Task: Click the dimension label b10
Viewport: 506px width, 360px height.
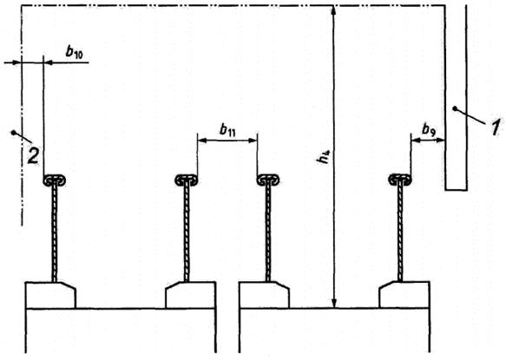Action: click(75, 51)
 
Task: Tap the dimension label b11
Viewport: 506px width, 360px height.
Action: click(227, 130)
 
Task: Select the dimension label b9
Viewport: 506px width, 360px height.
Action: click(429, 129)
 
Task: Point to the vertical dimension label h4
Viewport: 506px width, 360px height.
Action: click(324, 156)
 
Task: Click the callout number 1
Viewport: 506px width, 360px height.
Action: click(496, 127)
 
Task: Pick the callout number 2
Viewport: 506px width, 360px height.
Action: click(33, 156)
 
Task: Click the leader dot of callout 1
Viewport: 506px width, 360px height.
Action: click(455, 109)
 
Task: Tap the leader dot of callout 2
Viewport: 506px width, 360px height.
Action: click(14, 133)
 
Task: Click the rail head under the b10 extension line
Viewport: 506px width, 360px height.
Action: click(55, 180)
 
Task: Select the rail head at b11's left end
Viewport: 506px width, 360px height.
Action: click(187, 180)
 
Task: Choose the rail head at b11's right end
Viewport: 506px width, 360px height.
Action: click(268, 180)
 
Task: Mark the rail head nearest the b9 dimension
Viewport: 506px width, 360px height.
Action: click(400, 180)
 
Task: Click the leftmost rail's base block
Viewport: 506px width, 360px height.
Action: click(50, 296)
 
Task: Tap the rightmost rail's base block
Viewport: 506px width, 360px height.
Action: click(404, 295)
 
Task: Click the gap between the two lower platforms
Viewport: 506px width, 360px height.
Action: click(227, 330)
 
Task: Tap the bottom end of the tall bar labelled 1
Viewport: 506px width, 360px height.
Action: click(456, 190)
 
